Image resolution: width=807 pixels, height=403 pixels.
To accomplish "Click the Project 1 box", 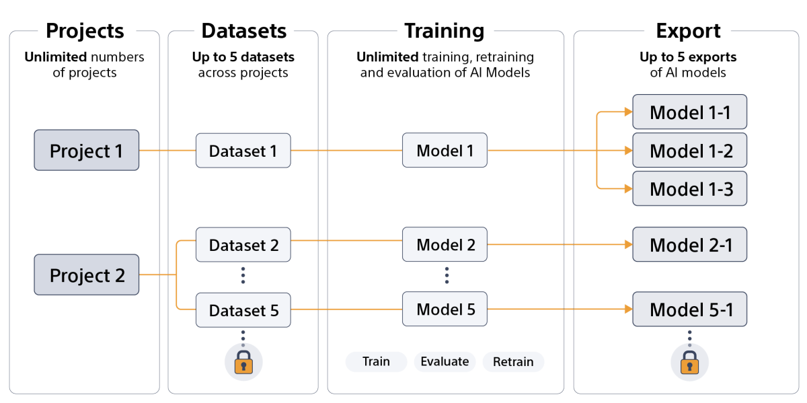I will pos(87,150).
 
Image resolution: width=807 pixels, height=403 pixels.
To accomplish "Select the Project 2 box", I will pos(87,274).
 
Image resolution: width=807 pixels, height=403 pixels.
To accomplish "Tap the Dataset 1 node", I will pos(243,150).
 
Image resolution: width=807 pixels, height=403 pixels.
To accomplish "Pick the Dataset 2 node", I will pos(243,244).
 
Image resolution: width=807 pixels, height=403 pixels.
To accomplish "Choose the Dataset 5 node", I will pos(243,309).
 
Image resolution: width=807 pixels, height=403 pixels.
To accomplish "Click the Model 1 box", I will pos(445,150).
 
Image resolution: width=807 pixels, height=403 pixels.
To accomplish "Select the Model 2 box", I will pos(445,244).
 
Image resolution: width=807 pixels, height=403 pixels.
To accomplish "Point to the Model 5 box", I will pos(445,309).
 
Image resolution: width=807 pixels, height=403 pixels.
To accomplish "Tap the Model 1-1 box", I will pos(689,112).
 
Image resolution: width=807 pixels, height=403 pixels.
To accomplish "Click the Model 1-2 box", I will pos(689,150).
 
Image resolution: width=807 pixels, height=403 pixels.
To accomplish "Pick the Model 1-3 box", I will pos(689,188).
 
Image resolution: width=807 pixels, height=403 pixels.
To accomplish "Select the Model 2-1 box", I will pos(689,244).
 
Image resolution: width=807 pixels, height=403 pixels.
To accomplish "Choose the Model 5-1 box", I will pos(689,309).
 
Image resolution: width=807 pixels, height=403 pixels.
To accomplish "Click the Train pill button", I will pos(376,362).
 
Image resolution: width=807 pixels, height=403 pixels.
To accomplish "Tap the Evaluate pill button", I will pos(445,362).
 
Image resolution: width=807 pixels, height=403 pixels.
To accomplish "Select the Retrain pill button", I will pos(513,362).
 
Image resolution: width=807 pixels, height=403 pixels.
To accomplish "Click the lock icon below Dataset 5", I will pos(243,363).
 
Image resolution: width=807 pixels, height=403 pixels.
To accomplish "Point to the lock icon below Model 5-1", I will pos(689,363).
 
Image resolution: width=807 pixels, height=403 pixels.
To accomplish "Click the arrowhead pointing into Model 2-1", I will pos(628,244).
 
